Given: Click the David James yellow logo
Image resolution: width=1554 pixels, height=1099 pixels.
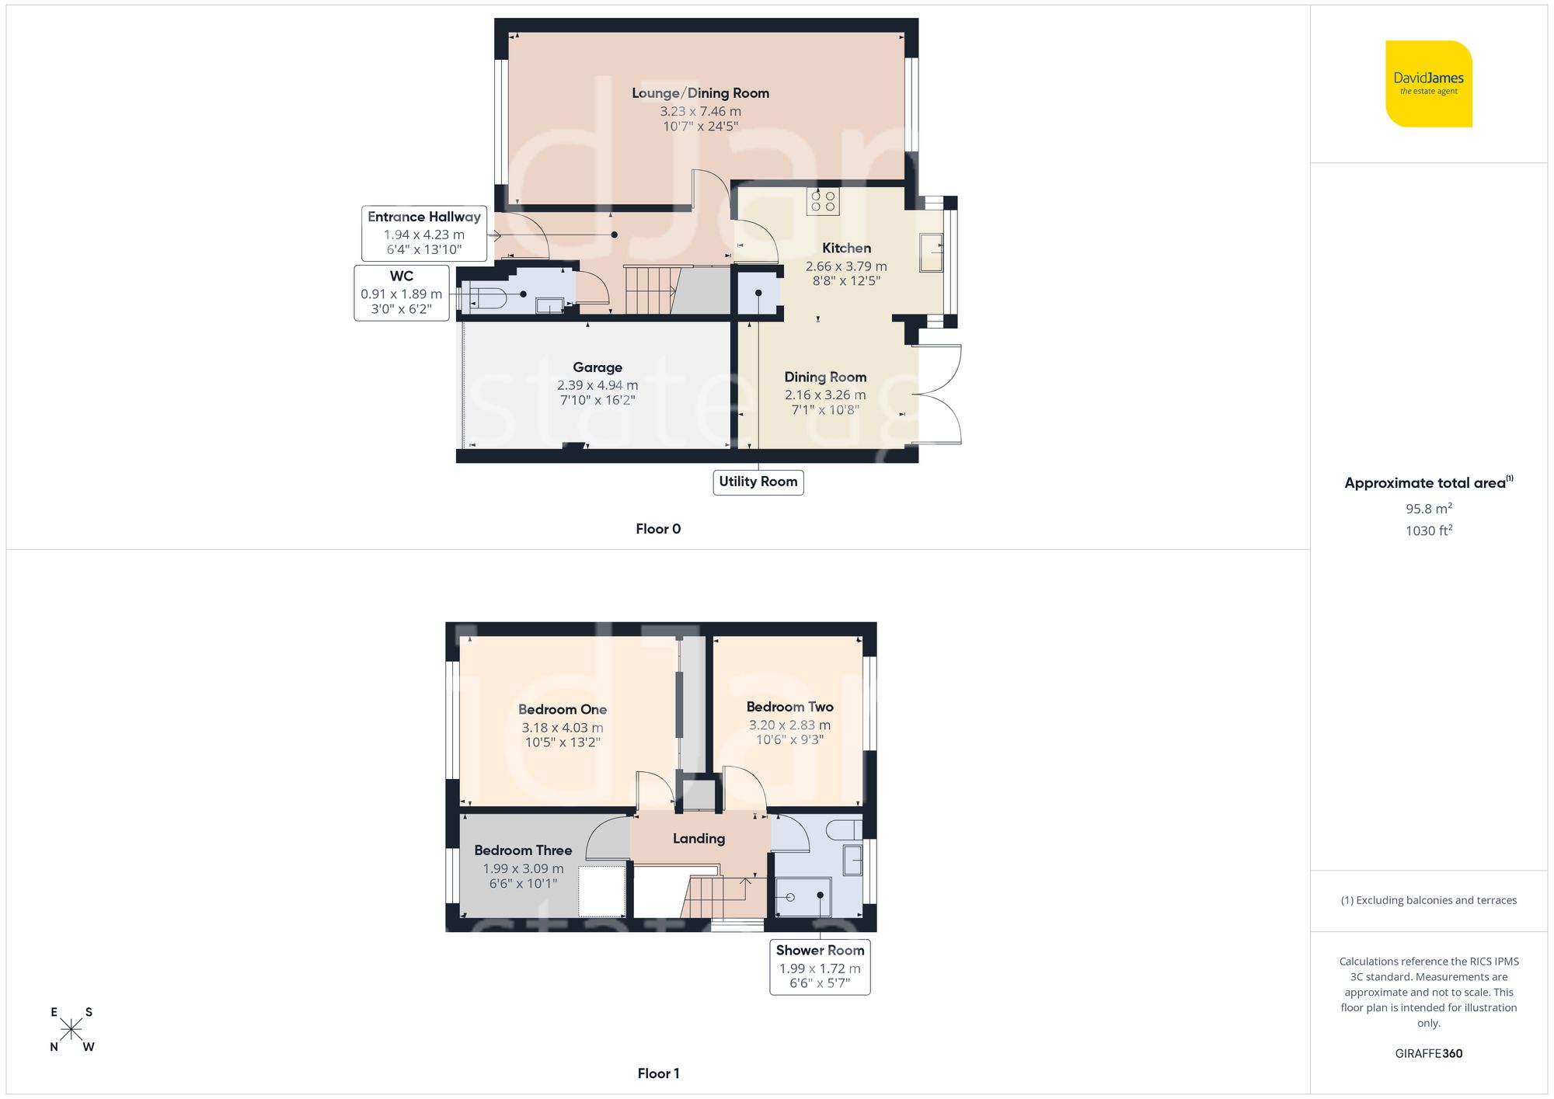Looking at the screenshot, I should tap(1428, 84).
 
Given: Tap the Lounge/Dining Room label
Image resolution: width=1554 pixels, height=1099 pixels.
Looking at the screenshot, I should tap(700, 93).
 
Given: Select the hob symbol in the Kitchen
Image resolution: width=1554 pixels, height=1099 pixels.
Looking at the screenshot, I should tap(823, 201).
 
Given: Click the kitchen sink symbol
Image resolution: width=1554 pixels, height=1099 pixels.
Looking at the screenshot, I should tap(931, 252).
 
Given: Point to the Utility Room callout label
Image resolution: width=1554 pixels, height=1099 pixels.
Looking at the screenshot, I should tap(758, 482).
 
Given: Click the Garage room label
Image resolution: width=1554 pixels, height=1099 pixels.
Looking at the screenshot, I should tap(597, 367).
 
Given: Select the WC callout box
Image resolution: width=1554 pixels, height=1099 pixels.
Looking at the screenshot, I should tap(401, 293).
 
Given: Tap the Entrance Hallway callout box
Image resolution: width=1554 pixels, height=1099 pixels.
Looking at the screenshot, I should tap(423, 233).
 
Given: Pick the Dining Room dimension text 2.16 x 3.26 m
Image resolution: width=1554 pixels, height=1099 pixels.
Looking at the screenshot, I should tap(824, 395).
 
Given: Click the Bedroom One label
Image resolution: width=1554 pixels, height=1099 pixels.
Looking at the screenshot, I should tap(562, 709).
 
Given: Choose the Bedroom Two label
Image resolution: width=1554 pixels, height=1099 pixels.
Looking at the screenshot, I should tap(789, 707).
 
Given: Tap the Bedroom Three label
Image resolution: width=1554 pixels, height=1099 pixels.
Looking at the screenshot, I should tap(523, 850).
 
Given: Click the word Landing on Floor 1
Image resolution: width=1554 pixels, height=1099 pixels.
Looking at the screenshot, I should tap(699, 839).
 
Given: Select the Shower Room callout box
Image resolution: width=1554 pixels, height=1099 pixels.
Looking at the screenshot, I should tap(820, 967).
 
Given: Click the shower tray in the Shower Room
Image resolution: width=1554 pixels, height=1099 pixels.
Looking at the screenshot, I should tap(803, 897).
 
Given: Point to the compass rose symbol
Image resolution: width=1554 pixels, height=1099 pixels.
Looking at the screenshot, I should tap(71, 1030).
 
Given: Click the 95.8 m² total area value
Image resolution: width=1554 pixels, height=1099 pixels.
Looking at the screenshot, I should tap(1428, 509).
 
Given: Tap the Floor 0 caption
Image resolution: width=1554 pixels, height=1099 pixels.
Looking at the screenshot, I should tap(658, 529).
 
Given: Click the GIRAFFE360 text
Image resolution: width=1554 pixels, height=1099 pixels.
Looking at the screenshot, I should tap(1428, 1054).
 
